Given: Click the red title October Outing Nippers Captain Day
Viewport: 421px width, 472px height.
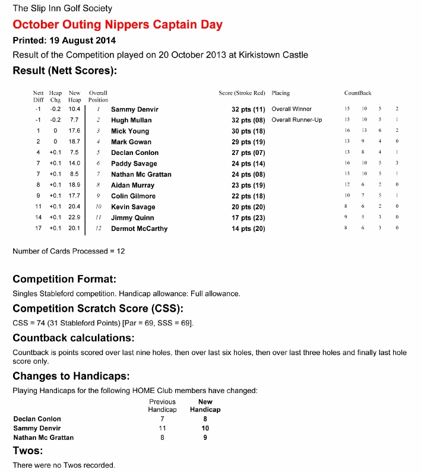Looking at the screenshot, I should [118, 25].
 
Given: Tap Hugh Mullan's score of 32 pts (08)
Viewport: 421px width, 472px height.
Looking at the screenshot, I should [248, 120].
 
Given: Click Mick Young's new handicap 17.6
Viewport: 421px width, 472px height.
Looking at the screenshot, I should [74, 131].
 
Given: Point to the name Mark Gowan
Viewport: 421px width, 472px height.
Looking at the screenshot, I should [131, 142].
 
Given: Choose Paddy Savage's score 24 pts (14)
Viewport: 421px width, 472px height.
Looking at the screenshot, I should [248, 163].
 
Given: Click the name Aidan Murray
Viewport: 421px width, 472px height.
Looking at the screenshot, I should [132, 185].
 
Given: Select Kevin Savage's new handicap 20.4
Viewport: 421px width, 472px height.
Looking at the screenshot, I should [74, 207].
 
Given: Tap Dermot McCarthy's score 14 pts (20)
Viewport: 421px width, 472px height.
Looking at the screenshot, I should [248, 229].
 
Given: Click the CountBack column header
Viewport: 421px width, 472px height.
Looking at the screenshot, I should [357, 93].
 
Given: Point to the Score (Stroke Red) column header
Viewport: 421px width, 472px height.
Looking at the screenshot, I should [242, 93].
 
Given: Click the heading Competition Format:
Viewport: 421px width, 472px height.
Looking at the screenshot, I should [64, 279].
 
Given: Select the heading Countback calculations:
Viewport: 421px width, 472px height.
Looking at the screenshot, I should [73, 338].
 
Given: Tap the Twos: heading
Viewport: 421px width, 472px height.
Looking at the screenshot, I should [27, 451].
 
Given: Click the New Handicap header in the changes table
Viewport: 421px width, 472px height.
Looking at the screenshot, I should [205, 406].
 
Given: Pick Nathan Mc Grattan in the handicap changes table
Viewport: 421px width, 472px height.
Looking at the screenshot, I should [43, 438].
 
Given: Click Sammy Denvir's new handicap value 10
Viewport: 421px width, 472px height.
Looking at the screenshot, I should [205, 427].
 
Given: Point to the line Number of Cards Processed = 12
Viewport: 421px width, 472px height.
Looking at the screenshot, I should [69, 251].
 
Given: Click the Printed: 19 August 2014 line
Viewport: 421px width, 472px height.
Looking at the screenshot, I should [64, 41].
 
